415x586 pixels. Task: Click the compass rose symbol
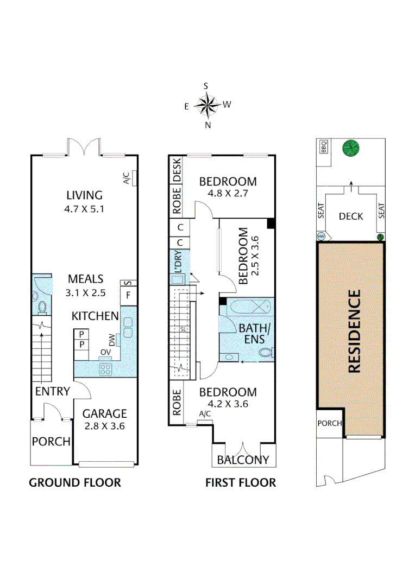tap(207, 106)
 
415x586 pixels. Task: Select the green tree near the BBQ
tap(351, 148)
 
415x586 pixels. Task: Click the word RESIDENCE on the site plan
tap(354, 332)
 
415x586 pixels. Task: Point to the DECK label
tap(350, 216)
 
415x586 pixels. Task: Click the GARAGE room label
tap(105, 413)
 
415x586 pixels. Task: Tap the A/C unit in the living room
tap(134, 178)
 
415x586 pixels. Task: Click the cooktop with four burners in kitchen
tap(105, 369)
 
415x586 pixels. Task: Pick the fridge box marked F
tap(128, 296)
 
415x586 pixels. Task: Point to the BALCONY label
tap(243, 460)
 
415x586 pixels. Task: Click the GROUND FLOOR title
tap(74, 482)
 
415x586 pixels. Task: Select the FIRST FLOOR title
tap(240, 482)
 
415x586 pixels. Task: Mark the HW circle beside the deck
tap(320, 237)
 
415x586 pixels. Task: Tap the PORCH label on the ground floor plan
tap(51, 442)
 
